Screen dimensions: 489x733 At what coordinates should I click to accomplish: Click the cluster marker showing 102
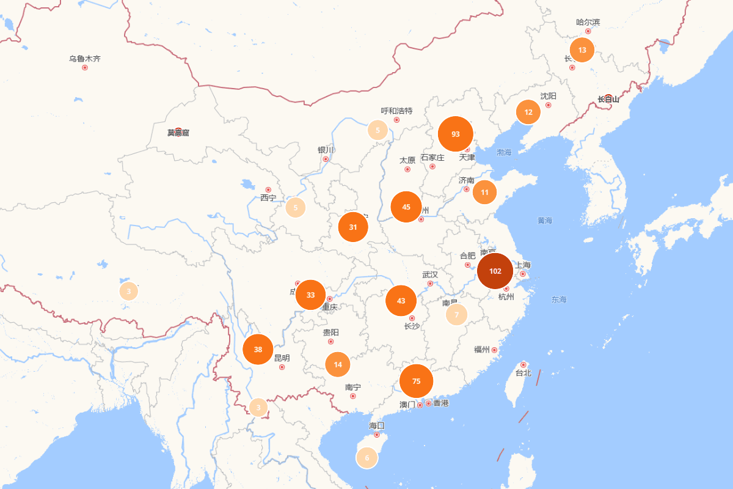point(495,271)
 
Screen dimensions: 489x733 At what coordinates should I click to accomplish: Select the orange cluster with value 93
point(456,134)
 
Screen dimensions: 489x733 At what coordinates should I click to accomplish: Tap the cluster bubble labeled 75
point(417,381)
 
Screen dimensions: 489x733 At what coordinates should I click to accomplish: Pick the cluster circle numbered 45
point(406,207)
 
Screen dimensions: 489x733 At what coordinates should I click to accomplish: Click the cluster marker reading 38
point(258,350)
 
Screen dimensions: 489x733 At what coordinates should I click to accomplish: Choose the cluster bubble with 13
point(582,50)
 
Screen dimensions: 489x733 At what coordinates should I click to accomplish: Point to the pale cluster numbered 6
point(367,457)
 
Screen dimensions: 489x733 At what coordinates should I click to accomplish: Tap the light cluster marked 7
point(456,314)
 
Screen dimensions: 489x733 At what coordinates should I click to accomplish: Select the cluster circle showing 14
point(338,364)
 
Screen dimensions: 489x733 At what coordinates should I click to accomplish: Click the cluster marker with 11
point(484,192)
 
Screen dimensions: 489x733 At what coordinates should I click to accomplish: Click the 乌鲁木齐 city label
point(85,59)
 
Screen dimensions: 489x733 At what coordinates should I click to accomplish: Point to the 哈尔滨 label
point(588,22)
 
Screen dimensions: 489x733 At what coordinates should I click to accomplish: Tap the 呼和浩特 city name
point(397,111)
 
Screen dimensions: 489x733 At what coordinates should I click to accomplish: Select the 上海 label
point(523,265)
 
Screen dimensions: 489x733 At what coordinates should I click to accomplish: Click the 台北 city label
point(523,373)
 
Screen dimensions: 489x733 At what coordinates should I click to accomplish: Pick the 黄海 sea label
point(545,220)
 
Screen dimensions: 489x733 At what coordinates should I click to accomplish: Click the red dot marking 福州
point(494,350)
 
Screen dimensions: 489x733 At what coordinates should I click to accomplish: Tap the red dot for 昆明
point(282,367)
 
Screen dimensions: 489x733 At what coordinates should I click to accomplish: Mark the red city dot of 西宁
point(268,190)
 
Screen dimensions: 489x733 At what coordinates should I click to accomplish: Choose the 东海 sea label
point(559,300)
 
